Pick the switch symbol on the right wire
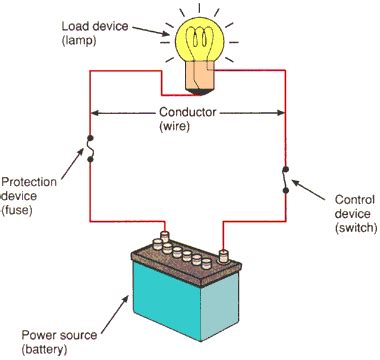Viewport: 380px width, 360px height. (x=288, y=179)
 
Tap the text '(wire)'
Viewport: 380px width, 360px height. (x=188, y=128)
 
